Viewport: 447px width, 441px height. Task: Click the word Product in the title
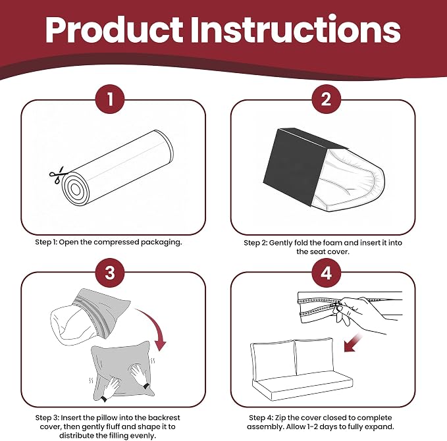tap(114, 30)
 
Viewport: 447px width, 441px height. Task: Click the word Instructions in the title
tap(296, 29)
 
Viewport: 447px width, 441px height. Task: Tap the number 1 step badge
tap(110, 99)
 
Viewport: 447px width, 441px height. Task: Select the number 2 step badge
tap(326, 99)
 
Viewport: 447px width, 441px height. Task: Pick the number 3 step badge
tap(110, 272)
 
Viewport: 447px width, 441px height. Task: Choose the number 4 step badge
tap(326, 272)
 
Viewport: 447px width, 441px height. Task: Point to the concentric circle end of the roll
tap(76, 189)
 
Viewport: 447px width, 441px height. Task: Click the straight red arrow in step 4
tap(353, 343)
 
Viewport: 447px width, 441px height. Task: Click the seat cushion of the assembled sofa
tap(303, 386)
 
